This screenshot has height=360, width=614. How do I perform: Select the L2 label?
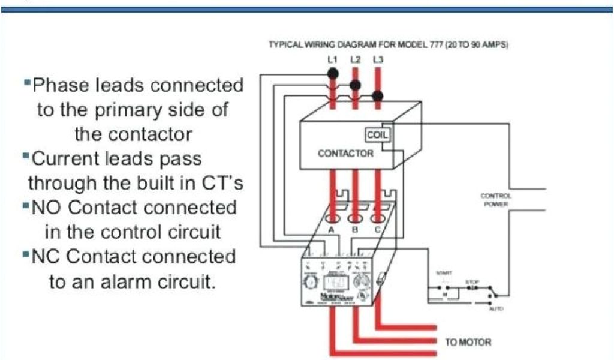point(355,60)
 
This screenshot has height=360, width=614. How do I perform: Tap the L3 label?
point(377,60)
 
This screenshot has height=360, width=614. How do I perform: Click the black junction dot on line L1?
point(333,73)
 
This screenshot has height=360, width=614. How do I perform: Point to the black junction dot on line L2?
point(355,85)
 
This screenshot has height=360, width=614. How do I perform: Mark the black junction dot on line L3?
point(377,95)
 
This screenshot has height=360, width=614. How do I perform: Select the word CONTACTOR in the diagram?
point(345,154)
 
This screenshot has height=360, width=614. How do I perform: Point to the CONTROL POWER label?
point(496,200)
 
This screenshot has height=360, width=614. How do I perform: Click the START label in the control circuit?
point(444,273)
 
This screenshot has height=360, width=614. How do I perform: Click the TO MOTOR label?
point(468,342)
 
